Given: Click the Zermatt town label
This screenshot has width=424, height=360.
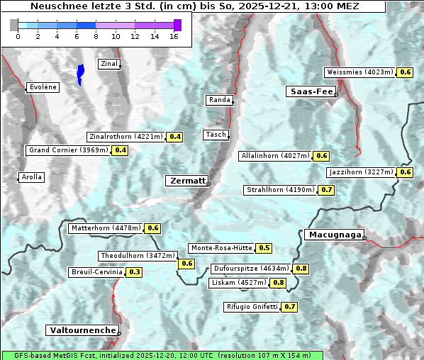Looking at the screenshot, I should click(187, 181).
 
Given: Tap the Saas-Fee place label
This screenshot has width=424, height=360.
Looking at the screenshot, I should click(311, 91).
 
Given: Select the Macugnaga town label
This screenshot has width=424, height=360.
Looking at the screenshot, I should click(333, 235).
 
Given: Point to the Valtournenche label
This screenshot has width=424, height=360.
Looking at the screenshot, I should click(82, 330).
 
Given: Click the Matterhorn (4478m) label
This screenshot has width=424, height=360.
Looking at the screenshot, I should click(106, 228).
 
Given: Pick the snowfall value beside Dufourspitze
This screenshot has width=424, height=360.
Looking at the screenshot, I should click(301, 269).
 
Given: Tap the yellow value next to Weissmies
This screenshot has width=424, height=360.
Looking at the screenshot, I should click(406, 72).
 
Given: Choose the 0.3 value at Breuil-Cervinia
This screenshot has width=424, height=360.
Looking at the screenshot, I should click(135, 272).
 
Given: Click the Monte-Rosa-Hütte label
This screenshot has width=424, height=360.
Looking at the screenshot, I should click(221, 248).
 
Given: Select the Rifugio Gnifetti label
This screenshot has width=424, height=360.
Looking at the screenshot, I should click(252, 307).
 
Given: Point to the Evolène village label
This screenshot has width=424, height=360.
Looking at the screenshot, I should click(42, 87).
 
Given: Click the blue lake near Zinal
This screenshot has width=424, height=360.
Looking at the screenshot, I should click(80, 73).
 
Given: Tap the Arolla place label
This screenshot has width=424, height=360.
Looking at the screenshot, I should click(31, 177).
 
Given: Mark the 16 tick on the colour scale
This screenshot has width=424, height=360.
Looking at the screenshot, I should click(174, 37).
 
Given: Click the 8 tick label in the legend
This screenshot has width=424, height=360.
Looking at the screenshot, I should click(96, 37).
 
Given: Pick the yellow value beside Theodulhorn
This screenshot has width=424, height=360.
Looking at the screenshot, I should click(187, 264).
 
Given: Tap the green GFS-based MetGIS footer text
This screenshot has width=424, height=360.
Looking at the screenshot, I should click(162, 355).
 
